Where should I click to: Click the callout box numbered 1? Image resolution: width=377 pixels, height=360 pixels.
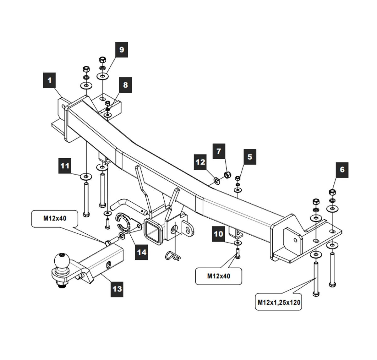pos(49,81)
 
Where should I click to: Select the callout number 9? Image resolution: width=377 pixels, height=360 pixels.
pos(122,50)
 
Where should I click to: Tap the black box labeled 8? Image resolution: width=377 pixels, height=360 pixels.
pos(125,85)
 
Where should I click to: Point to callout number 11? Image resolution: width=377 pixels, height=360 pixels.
pos(65,166)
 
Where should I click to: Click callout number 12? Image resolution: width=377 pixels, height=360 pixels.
pos(200,162)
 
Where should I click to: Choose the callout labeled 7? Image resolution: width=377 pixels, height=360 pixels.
pos(219,151)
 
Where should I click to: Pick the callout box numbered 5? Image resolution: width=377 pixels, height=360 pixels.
pos(249,157)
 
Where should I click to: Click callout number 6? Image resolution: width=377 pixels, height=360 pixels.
pos(342,170)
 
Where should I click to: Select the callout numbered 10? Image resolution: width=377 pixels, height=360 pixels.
pos(219,234)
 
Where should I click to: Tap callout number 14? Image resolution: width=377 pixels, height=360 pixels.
pos(142,252)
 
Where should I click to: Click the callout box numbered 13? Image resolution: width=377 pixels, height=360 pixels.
pos(117,288)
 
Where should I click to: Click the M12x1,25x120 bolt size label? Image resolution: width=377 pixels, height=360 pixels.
pos(279,303)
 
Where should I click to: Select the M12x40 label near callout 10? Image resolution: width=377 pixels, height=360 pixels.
pos(219,276)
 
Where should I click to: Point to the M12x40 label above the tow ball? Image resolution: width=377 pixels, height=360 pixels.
pos(55,218)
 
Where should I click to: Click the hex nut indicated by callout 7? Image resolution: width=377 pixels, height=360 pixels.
pos(227,175)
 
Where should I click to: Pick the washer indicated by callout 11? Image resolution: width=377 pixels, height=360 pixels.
pos(85,176)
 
